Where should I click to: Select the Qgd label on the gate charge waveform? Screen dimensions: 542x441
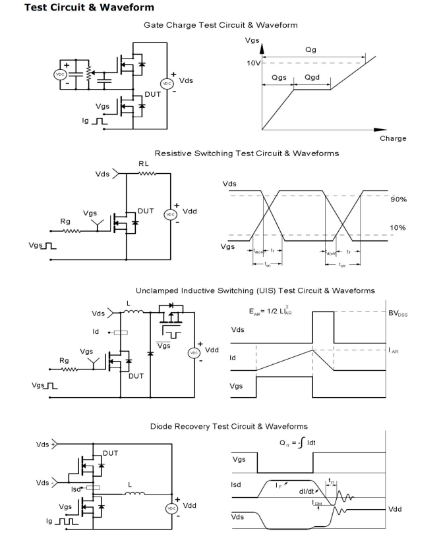coord(313,78)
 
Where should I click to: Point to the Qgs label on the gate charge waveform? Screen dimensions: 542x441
coord(278,78)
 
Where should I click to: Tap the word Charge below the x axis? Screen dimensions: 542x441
coord(392,139)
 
